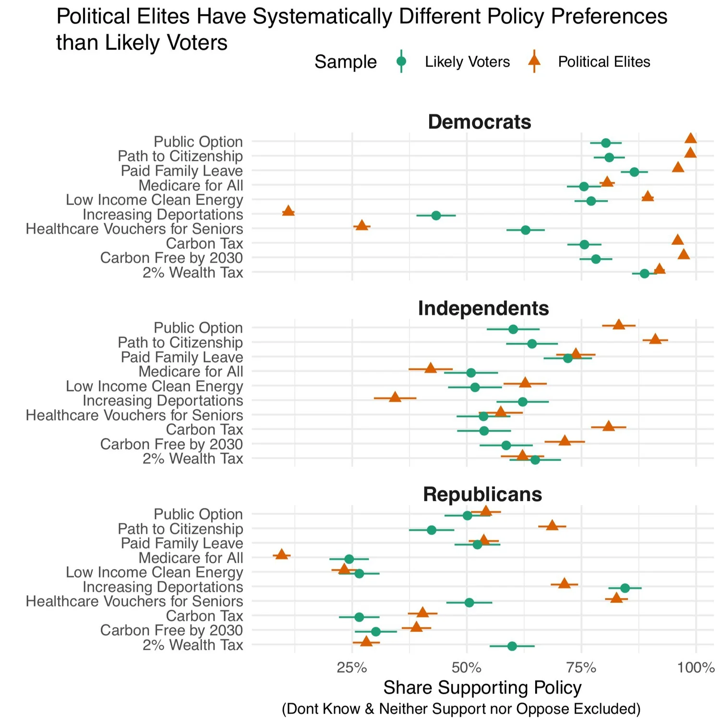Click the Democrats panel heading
(480, 122)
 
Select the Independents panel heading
(483, 308)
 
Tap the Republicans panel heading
(482, 495)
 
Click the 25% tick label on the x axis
(352, 667)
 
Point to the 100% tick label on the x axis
(696, 667)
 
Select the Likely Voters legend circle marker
(401, 61)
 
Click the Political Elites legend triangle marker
(534, 61)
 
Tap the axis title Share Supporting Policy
(482, 688)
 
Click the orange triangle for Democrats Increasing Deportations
(288, 211)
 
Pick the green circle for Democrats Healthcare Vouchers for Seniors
(526, 230)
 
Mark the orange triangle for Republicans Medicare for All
(281, 555)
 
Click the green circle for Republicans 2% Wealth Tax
(512, 646)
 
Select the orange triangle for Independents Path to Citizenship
(655, 339)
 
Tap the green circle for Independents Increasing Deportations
(523, 401)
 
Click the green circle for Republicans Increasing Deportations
(625, 588)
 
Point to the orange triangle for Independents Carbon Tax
(609, 426)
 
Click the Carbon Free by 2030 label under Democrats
(171, 258)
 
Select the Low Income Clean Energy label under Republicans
(154, 572)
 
